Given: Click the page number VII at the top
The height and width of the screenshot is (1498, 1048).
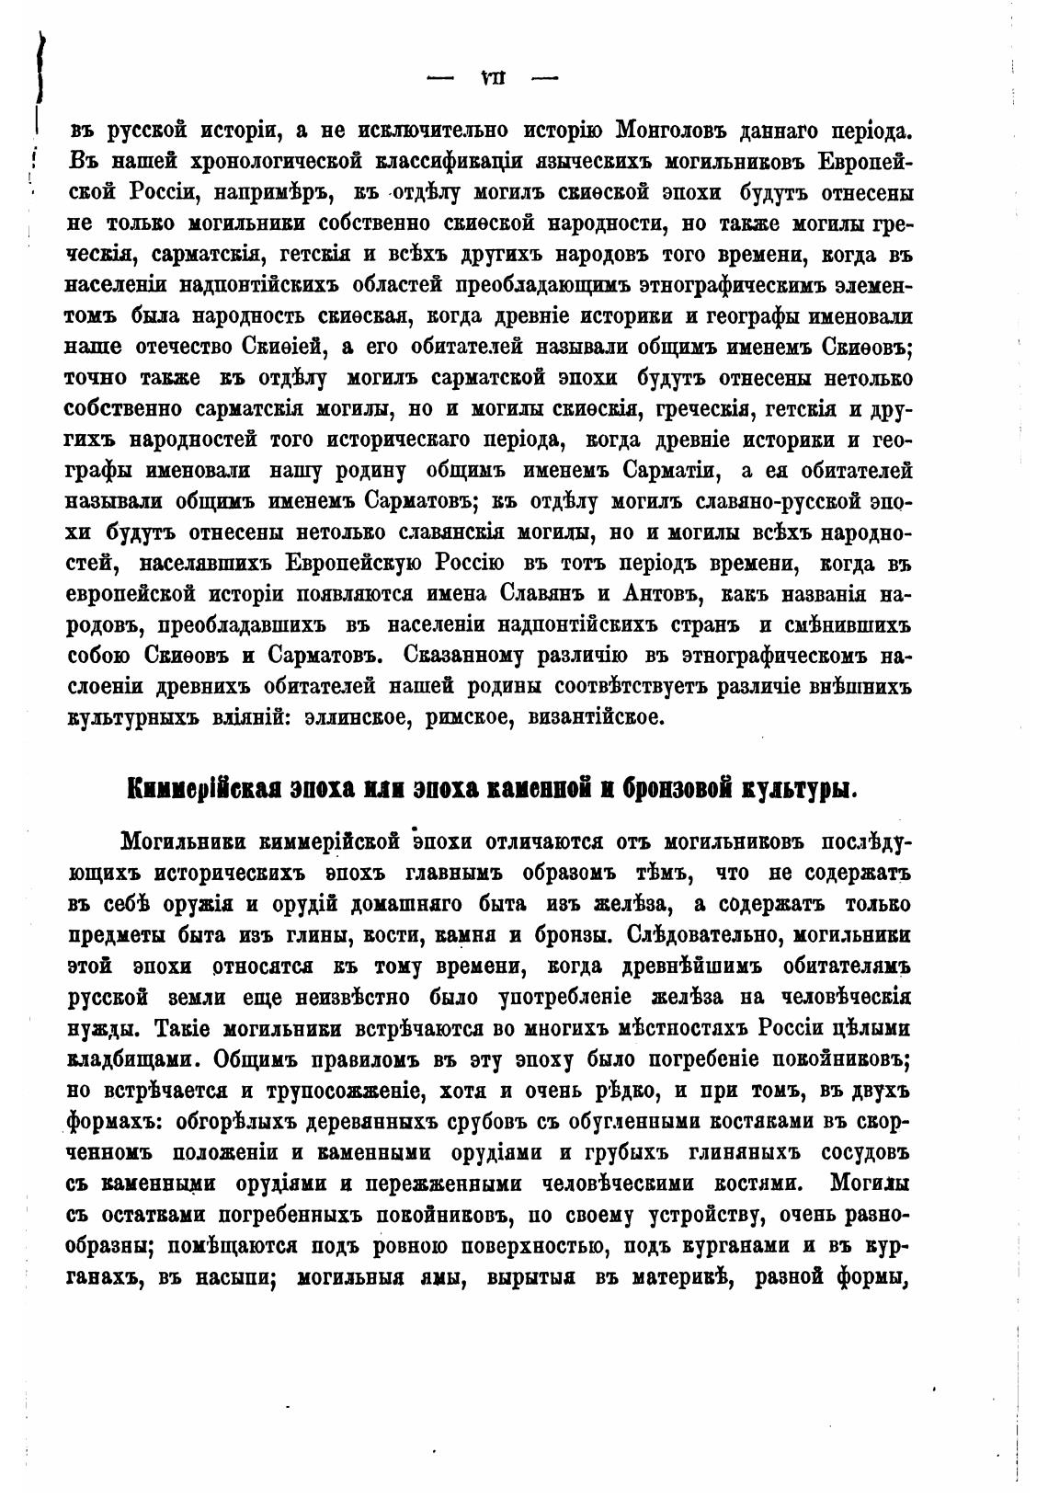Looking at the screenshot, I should (495, 78).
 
